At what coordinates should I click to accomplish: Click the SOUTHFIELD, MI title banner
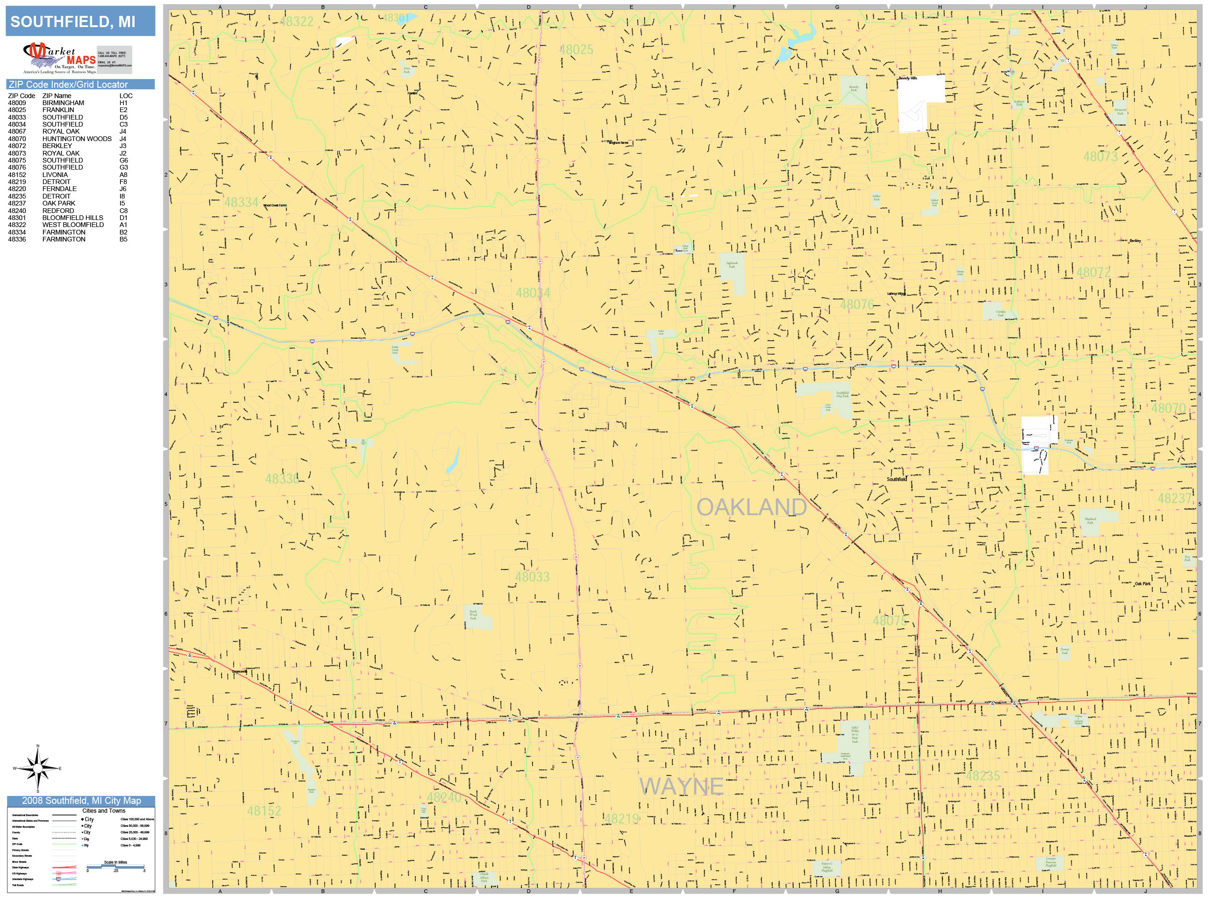click(x=80, y=21)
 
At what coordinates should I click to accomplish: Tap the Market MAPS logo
click(x=60, y=58)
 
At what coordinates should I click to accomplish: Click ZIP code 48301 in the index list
click(x=16, y=218)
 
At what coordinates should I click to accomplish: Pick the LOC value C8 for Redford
click(x=123, y=211)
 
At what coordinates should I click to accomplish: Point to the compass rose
click(x=38, y=768)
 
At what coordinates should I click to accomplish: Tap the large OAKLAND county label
click(x=751, y=507)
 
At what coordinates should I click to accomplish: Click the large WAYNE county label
click(x=681, y=787)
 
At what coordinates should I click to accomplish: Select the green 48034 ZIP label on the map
click(x=533, y=293)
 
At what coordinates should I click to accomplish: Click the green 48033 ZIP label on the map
click(x=532, y=577)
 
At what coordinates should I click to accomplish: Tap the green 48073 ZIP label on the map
click(x=1100, y=156)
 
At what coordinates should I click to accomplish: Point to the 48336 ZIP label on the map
click(x=283, y=479)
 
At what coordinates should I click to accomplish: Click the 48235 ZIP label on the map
click(x=983, y=775)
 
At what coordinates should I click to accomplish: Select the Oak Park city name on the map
click(x=1143, y=584)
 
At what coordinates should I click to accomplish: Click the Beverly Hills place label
click(x=907, y=78)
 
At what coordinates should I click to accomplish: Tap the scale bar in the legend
click(x=115, y=866)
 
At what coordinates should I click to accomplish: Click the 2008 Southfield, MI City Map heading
click(x=81, y=801)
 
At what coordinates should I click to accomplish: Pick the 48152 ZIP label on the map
click(x=264, y=810)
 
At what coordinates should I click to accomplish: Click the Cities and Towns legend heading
click(x=103, y=810)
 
